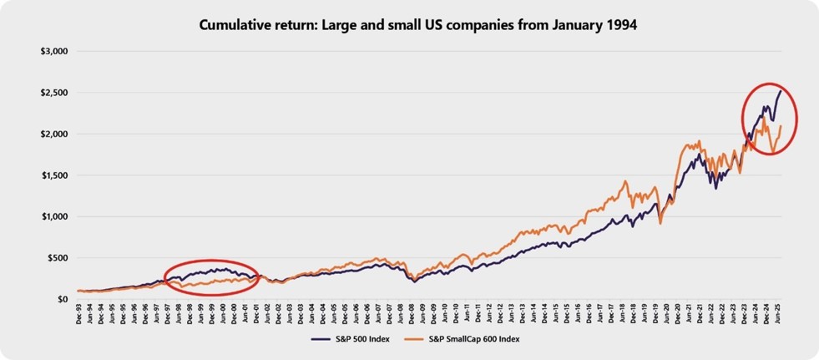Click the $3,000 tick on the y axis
[x=53, y=52]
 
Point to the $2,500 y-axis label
[x=53, y=93]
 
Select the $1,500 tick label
[x=53, y=175]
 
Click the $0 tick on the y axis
[x=61, y=299]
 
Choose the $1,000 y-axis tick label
[x=53, y=216]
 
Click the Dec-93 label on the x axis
[x=79, y=315]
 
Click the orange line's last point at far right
[x=781, y=126]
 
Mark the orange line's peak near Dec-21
[x=699, y=141]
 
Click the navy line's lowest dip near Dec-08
[x=416, y=281]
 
